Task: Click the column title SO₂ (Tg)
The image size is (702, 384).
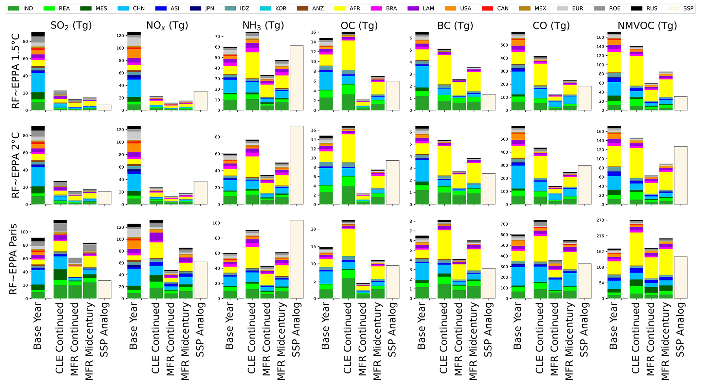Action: click(x=71, y=25)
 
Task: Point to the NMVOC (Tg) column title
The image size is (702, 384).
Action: click(x=647, y=25)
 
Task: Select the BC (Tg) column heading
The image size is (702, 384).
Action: click(x=455, y=25)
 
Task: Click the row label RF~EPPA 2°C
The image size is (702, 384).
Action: click(x=16, y=165)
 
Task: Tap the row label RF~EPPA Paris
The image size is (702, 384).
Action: click(x=14, y=259)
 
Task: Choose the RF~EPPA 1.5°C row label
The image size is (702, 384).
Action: click(x=16, y=71)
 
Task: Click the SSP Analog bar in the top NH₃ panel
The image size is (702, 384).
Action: click(x=296, y=78)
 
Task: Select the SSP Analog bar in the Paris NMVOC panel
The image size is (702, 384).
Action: click(x=681, y=278)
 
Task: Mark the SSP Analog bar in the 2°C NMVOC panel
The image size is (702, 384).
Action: click(x=681, y=175)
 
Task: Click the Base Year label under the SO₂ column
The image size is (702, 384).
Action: click(x=37, y=326)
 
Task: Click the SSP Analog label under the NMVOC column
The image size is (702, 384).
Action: click(x=681, y=329)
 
